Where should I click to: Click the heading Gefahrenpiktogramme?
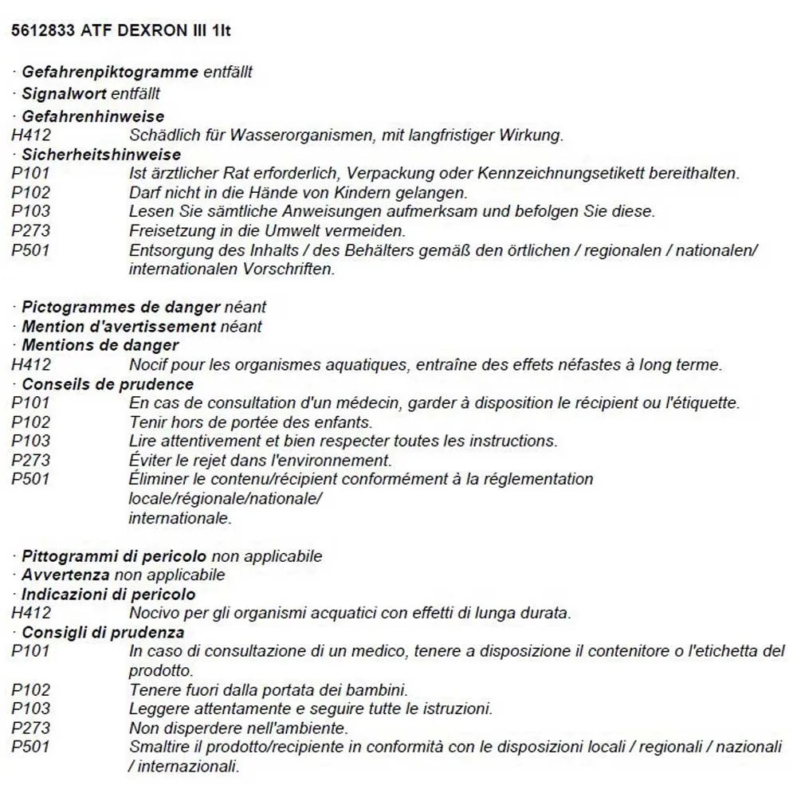pyautogui.click(x=110, y=72)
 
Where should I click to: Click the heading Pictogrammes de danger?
pyautogui.click(x=120, y=307)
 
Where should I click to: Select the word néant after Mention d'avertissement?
pyautogui.click(x=241, y=326)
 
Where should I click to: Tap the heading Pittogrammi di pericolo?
pyautogui.click(x=114, y=556)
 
